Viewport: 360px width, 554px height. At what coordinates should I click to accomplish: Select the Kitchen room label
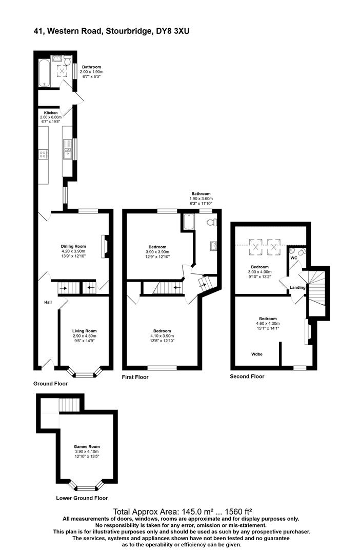(50, 112)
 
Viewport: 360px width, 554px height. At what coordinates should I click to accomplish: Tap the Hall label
(48, 302)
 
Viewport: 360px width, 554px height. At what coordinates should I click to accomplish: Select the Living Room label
(84, 331)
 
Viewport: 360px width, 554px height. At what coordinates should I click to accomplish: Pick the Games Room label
(86, 446)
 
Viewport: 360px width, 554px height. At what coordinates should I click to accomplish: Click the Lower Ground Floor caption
(82, 498)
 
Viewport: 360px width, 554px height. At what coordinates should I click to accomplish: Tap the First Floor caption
(135, 377)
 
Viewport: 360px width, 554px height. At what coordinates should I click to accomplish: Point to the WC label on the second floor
(293, 258)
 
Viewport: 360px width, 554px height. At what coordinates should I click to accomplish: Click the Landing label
(297, 287)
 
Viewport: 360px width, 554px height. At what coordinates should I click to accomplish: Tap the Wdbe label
(257, 354)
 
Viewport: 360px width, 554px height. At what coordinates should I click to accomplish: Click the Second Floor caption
(247, 376)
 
